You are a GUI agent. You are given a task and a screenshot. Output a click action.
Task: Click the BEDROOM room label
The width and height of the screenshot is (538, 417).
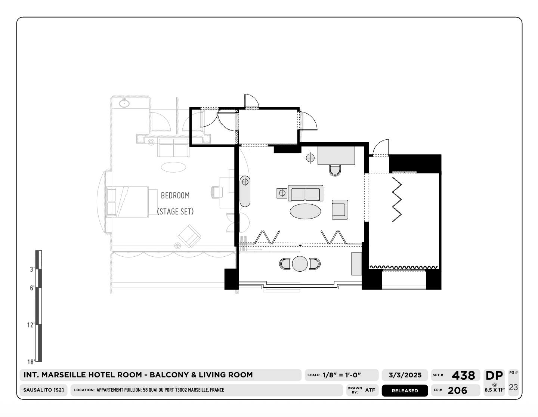pos(175,196)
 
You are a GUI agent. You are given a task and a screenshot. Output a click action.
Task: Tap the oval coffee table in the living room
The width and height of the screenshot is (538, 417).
pos(305,211)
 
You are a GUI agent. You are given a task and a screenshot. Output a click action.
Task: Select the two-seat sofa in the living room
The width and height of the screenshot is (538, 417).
pos(306,193)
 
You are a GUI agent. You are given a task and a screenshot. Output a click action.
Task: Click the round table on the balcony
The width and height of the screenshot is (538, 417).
pos(300,264)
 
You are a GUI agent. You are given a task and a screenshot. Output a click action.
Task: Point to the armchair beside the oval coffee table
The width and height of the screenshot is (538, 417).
pos(340,210)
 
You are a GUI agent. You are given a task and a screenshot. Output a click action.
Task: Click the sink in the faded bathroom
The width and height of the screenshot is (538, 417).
pos(124,103)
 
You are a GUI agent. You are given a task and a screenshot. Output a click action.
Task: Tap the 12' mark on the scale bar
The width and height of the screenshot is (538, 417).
pos(31,325)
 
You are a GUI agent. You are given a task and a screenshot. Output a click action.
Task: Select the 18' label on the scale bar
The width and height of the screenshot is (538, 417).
pos(31,362)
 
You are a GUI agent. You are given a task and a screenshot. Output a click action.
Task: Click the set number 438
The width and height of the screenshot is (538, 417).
pos(463,376)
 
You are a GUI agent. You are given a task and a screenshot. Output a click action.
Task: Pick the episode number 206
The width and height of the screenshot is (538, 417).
pos(457,390)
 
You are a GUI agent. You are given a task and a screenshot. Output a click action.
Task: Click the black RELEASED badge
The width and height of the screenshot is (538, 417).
pos(405,390)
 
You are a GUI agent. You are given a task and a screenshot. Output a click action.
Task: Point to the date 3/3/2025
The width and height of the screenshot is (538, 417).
pos(405,375)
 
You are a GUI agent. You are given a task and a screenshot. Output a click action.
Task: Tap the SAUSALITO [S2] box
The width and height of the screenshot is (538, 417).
pos(43,390)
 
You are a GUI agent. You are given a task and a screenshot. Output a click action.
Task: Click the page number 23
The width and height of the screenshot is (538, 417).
pos(513,387)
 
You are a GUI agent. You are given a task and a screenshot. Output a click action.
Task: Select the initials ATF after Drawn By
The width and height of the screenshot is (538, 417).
pos(370,390)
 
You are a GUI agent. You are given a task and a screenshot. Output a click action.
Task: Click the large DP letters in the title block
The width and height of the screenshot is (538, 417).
pos(494,376)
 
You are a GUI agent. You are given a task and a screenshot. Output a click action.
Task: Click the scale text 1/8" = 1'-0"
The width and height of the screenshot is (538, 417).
pos(341,375)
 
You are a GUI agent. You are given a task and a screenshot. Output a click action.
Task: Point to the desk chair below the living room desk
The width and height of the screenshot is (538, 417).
pos(335,170)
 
